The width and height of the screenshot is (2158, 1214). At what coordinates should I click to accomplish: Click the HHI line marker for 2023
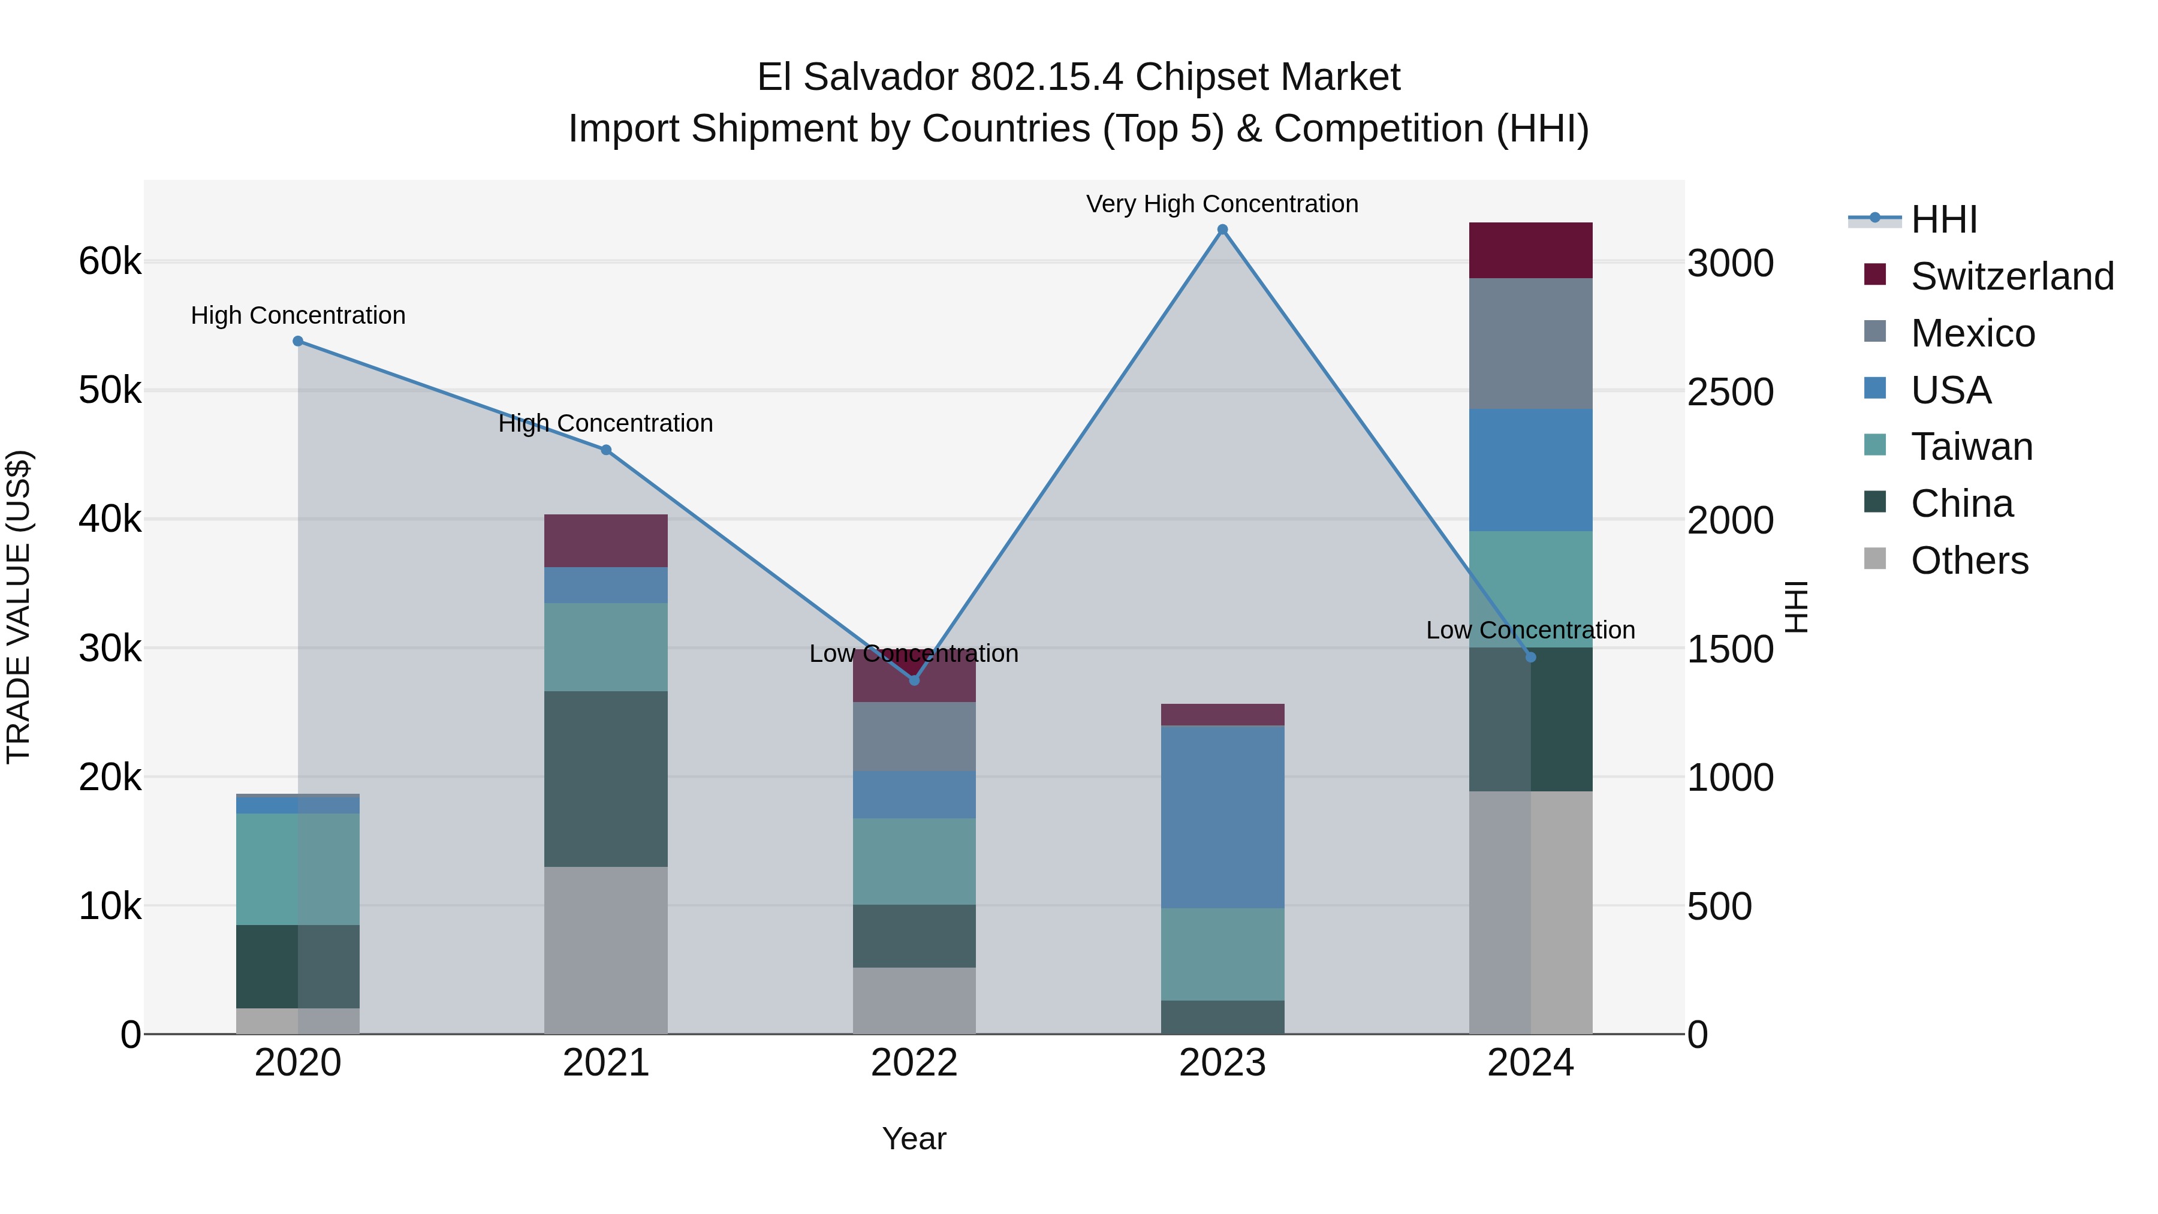pos(1222,230)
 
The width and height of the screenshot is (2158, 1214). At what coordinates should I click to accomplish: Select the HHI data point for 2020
pos(299,341)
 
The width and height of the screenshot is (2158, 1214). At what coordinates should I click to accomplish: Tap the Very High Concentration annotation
pos(1222,204)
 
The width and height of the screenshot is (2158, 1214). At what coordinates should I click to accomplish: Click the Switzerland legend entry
pos(2011,276)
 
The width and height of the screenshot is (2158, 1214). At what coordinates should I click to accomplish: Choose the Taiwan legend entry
pos(1971,447)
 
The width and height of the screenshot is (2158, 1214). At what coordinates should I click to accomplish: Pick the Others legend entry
pos(1969,561)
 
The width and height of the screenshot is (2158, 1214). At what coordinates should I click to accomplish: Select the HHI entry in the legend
pos(1943,219)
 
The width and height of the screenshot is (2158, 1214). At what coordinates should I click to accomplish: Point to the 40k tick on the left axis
pos(110,519)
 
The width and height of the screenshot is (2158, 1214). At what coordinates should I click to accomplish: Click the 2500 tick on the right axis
pos(1730,392)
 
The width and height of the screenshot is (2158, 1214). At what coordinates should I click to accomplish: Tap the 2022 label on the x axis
pos(914,1063)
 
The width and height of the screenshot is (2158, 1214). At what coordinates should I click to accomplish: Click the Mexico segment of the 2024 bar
pos(1530,344)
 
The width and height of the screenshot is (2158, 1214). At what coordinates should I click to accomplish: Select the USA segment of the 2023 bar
pos(1222,817)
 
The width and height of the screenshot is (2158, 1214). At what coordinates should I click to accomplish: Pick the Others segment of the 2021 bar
pos(605,950)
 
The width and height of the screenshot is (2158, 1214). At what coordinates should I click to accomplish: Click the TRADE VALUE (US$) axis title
pos(19,607)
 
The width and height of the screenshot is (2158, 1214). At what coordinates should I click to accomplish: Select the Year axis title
pos(914,1138)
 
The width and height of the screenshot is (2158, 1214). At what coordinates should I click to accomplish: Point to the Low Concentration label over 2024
pos(1530,630)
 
